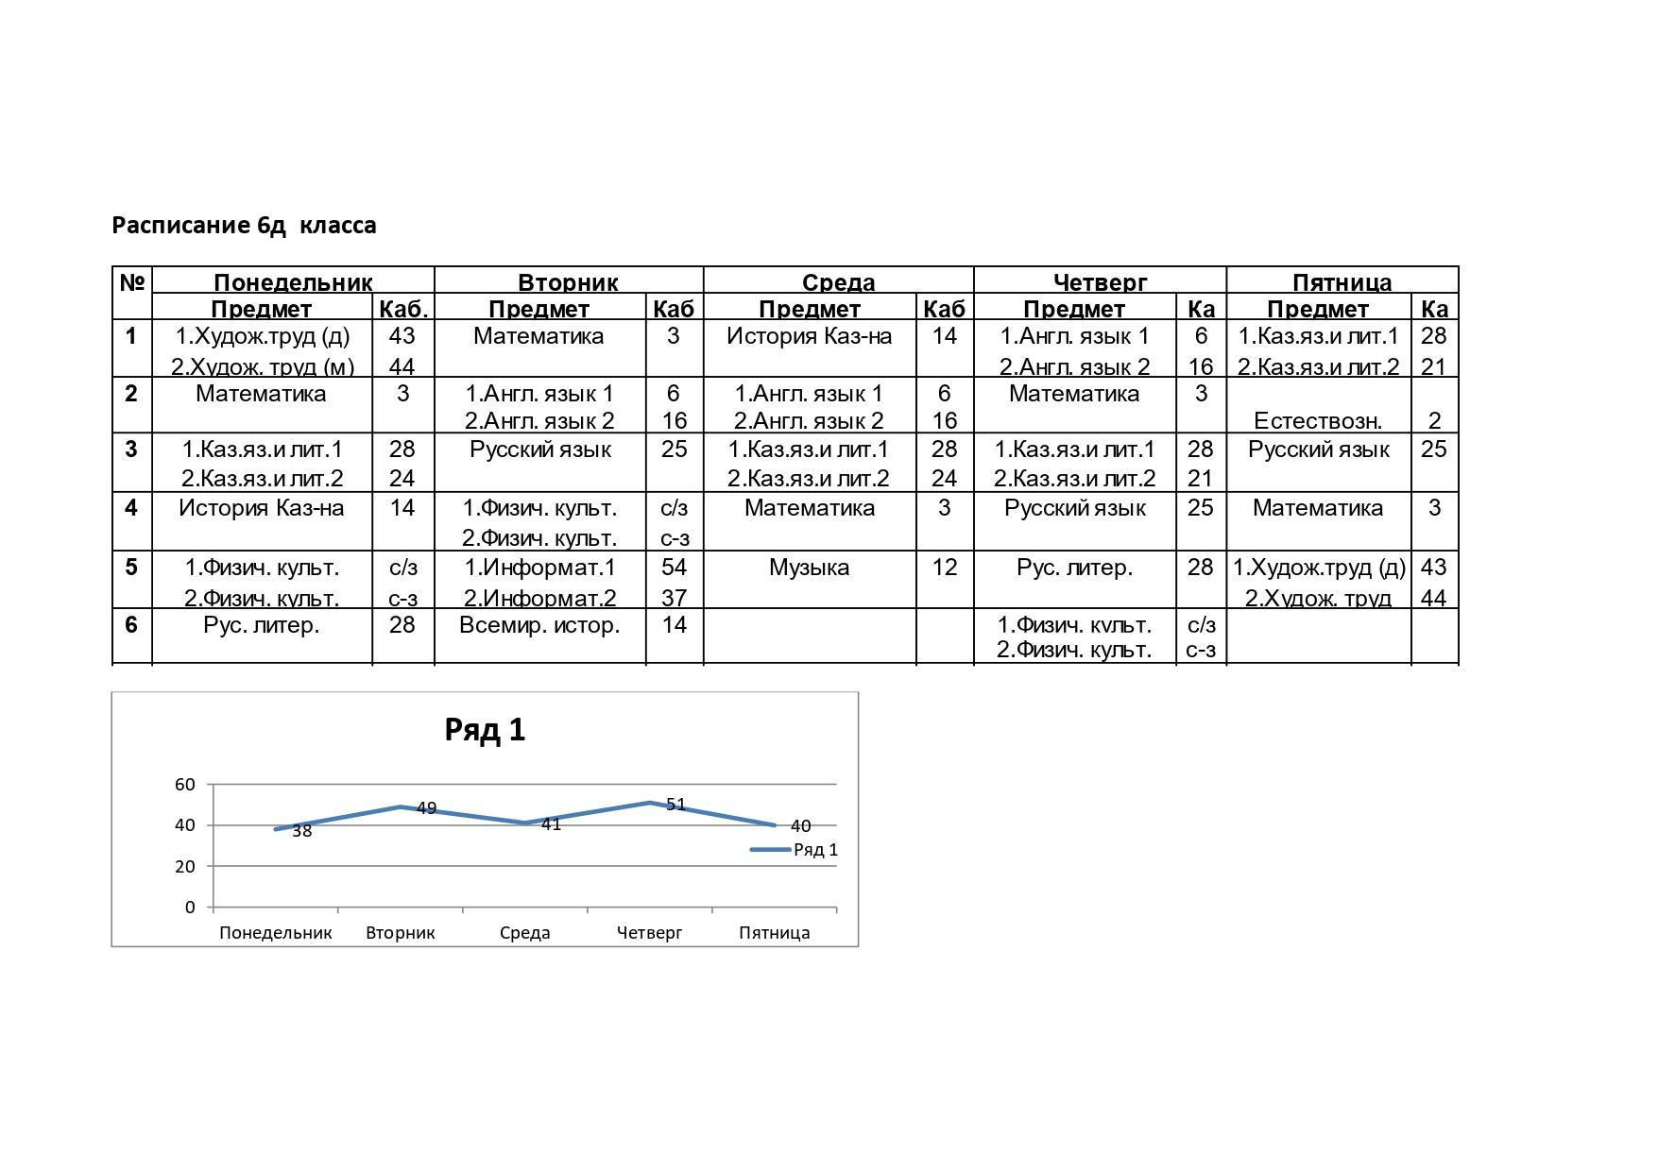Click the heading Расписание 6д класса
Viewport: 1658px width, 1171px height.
point(244,226)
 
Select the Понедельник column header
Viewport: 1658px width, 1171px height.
point(293,282)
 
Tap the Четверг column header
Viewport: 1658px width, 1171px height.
point(1100,282)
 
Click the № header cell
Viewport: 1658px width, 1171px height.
point(132,281)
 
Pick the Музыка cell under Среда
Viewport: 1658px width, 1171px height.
point(809,568)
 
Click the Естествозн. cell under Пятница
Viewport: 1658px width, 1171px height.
point(1317,421)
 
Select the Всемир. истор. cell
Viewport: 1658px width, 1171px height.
point(539,625)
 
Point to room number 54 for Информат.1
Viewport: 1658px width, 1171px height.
point(674,568)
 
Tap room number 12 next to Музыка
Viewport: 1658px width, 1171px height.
point(944,568)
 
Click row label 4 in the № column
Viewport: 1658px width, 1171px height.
point(131,508)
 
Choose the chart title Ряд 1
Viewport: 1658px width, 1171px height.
point(485,730)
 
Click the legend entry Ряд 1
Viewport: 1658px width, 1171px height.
point(814,850)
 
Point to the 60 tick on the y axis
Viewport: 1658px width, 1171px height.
point(185,784)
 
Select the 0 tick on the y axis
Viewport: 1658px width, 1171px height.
point(190,908)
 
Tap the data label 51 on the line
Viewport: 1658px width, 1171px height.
point(675,805)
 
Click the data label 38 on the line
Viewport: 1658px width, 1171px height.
point(301,831)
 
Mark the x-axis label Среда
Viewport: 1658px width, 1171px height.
point(524,933)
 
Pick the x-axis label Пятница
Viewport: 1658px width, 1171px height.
point(774,933)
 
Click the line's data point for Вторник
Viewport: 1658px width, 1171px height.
point(401,806)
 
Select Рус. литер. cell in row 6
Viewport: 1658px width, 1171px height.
point(262,625)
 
